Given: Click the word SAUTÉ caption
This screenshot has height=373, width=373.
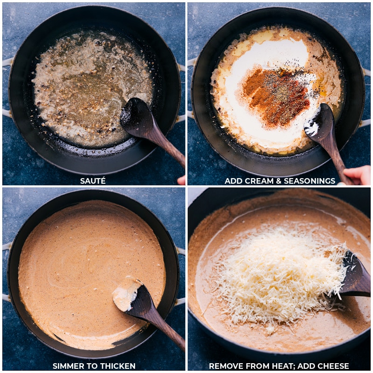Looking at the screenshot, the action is tap(93, 181).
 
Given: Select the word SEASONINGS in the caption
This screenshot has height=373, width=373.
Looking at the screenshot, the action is tap(310, 181).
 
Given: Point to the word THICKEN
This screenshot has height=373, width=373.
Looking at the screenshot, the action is tap(118, 366).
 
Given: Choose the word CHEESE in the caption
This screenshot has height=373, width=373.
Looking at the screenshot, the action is tap(333, 366).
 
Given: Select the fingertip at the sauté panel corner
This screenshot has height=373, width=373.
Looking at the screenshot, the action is tap(181, 180).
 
